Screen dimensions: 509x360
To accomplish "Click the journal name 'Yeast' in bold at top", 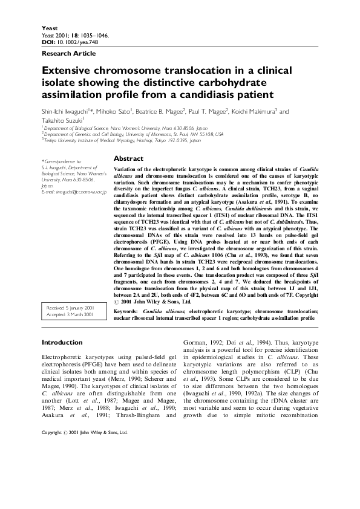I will (48, 28).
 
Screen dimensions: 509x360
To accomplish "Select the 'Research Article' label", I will (64, 53).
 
